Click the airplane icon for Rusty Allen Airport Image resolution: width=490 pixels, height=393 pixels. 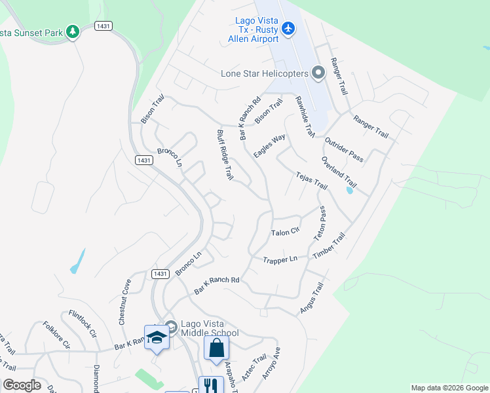(x=288, y=28)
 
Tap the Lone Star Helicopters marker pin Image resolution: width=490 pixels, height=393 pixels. (x=318, y=73)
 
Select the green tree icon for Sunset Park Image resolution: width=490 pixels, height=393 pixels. (x=73, y=31)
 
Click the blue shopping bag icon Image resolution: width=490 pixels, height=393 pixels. (x=216, y=348)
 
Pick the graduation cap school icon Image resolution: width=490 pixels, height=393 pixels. (x=157, y=337)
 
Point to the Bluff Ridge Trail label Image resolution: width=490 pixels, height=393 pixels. (x=225, y=155)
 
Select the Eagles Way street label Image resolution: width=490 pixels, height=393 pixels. (x=270, y=145)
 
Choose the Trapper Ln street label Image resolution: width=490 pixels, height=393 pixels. (x=280, y=259)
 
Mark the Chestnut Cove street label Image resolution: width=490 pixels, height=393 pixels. (x=124, y=301)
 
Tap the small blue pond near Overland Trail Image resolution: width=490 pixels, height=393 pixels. (x=349, y=191)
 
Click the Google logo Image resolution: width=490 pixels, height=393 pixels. (x=22, y=385)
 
